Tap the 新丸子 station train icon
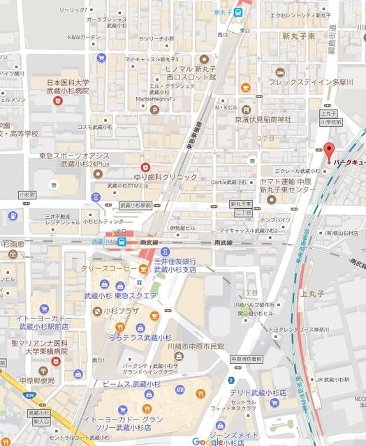pos(240,11)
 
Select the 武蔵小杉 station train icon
pos(122,242)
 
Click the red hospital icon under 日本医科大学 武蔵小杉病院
pos(58,101)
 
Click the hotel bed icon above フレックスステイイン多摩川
pos(279,72)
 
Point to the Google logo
pos(207,441)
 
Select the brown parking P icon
pos(153,89)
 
